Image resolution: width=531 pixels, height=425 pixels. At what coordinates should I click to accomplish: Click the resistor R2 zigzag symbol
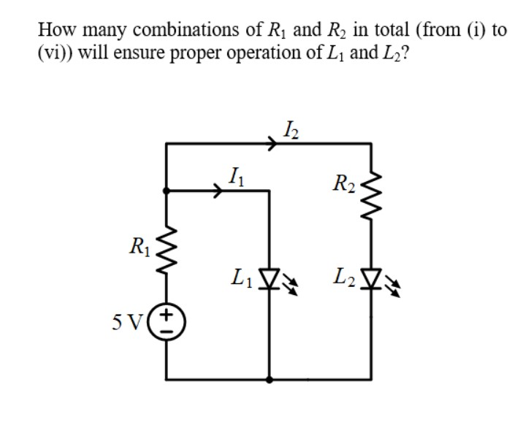371,196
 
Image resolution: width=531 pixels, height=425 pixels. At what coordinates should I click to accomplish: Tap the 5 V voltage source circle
167,322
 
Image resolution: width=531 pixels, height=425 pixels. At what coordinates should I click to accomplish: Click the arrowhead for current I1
218,192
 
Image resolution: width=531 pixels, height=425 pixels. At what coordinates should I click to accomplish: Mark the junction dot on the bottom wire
272,380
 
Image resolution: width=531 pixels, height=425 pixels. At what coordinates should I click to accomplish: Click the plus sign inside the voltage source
167,315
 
